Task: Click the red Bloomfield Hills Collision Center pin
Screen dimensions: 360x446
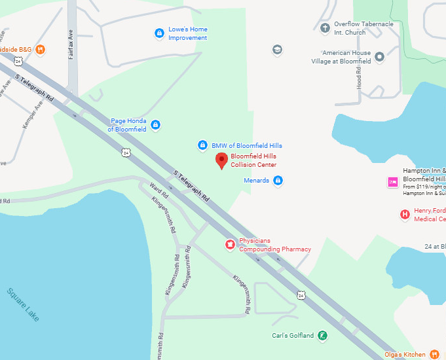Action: pos(221,160)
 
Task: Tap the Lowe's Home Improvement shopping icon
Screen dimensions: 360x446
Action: pos(158,33)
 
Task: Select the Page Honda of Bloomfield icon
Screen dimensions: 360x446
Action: pos(155,124)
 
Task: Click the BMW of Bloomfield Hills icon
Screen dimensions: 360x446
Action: pos(203,145)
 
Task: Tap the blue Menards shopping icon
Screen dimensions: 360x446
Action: pos(278,180)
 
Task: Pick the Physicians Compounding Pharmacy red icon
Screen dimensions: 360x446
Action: pos(230,245)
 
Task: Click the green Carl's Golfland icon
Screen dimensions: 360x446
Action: pos(322,336)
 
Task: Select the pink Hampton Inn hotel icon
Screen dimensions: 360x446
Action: pos(393,183)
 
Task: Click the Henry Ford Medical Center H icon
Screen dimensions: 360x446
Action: pos(405,214)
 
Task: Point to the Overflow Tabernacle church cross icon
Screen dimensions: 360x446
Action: pos(325,27)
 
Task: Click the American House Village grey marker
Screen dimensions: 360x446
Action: pos(380,56)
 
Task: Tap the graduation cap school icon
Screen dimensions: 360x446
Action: pos(277,50)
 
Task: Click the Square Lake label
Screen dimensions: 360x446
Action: pos(24,305)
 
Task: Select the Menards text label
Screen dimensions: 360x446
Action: pos(256,180)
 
